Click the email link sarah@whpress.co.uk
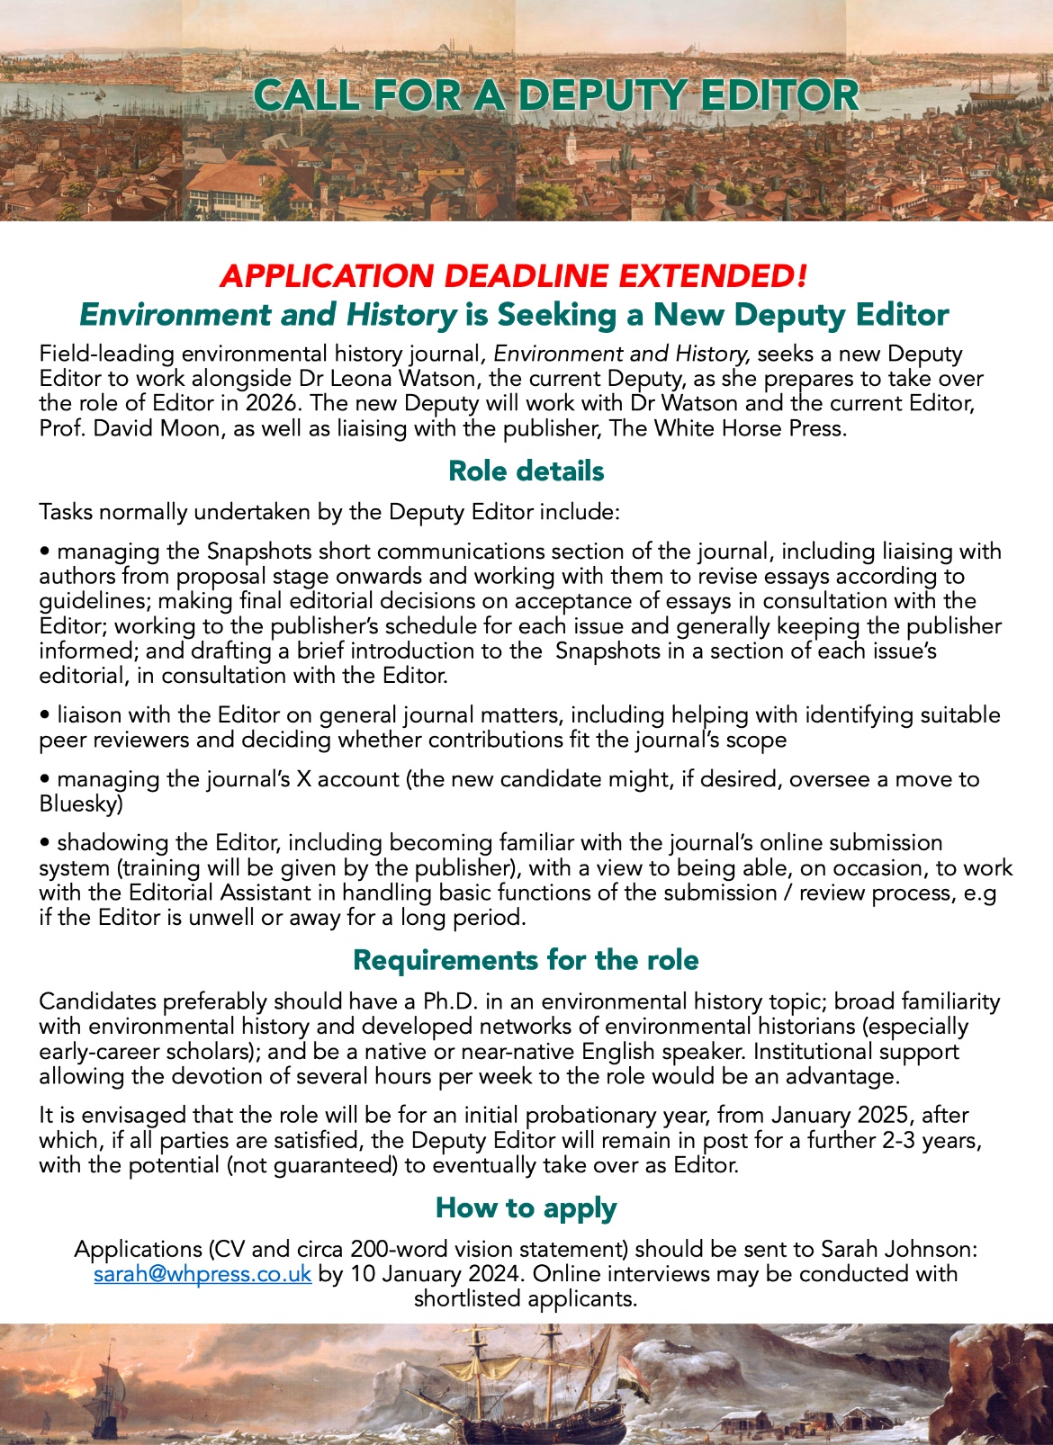(202, 1274)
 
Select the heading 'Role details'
(526, 471)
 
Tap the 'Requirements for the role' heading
(526, 960)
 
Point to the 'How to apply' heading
(526, 1207)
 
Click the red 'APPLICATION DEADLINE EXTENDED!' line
(513, 275)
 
